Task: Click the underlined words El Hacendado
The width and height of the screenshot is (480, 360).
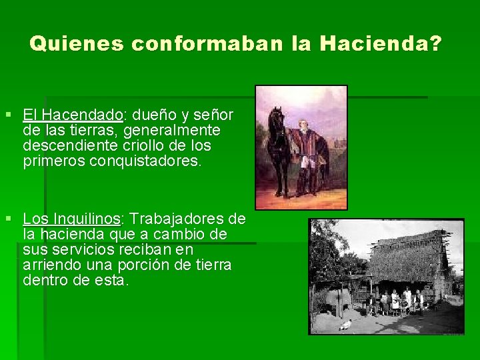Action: coord(73,114)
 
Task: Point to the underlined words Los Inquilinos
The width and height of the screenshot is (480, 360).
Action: coord(71,219)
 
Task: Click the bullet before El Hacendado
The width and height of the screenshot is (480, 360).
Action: coord(9,115)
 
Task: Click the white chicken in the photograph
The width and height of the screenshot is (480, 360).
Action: coord(345,325)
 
